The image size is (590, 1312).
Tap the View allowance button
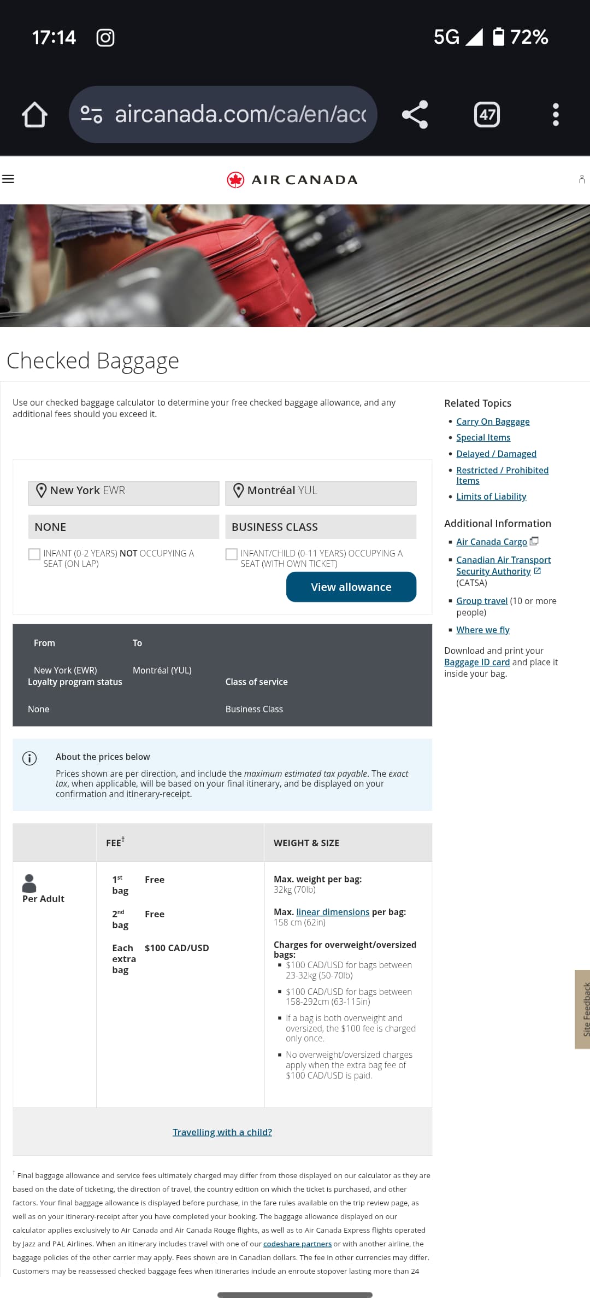pos(351,587)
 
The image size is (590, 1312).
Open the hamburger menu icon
pos(8,179)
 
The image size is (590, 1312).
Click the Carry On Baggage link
pos(492,421)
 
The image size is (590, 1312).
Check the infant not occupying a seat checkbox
pos(34,554)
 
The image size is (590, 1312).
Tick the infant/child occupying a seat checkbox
pos(232,554)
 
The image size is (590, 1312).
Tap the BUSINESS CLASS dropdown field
pos(321,527)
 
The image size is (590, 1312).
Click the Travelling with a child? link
pos(222,1132)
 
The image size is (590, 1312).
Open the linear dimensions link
pos(333,912)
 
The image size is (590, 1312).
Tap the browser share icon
pos(415,114)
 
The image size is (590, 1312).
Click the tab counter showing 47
pos(487,114)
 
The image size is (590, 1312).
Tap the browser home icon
pos(34,114)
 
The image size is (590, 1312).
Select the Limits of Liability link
pos(491,496)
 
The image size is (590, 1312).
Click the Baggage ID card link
pos(477,662)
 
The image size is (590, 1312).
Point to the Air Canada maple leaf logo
pos(235,179)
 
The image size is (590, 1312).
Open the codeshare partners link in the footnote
pos(297,1244)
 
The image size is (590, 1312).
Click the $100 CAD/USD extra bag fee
pos(176,948)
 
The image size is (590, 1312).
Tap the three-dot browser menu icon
pos(556,114)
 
